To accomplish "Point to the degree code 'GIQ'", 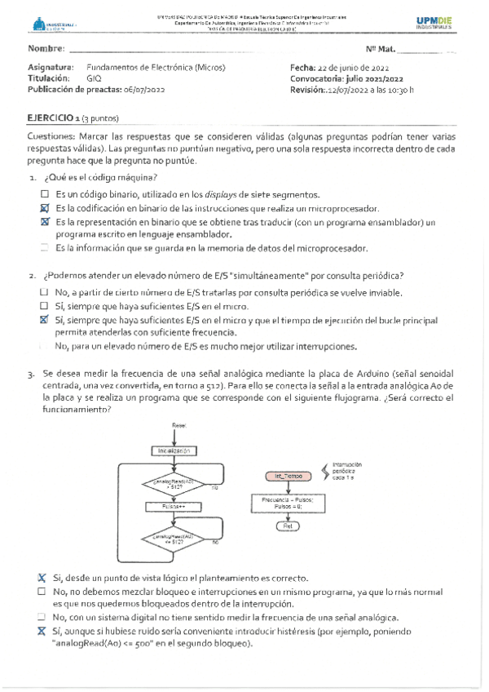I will point(94,78).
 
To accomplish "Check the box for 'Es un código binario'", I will point(45,195).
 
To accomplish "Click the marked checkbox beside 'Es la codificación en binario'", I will point(45,208).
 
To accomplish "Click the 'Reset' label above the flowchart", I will point(178,425).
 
